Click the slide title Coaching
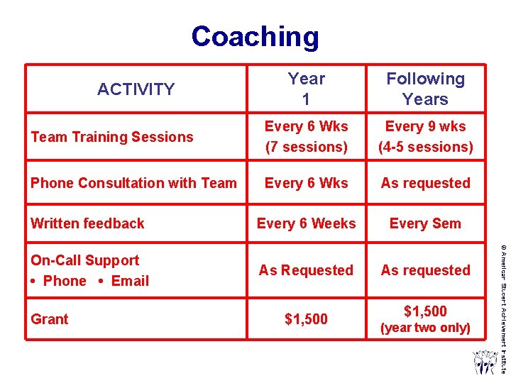(255, 37)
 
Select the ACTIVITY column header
(136, 89)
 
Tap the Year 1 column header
(306, 89)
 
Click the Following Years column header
(425, 89)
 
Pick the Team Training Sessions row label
(112, 137)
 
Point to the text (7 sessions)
(306, 147)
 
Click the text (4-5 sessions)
(425, 147)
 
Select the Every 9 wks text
(425, 126)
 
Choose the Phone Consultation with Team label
(133, 183)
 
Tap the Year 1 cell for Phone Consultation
(306, 183)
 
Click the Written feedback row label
(87, 223)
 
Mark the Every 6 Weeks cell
(306, 223)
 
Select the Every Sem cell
(425, 223)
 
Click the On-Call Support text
(85, 260)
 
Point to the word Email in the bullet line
(130, 281)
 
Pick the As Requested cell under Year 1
(306, 270)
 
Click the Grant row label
(50, 319)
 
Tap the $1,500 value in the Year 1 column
(306, 319)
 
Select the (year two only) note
(425, 328)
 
